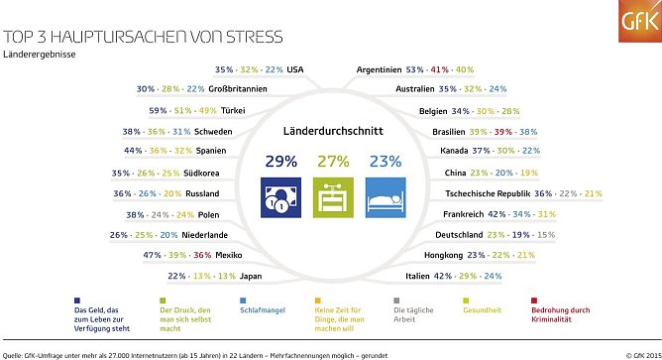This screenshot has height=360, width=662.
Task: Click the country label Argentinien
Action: coord(378,69)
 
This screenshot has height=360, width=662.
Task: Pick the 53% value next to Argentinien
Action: coord(414,69)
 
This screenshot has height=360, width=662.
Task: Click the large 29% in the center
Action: coord(280,160)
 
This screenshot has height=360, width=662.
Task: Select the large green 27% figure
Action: coord(331,160)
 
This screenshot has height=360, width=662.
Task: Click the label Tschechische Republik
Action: coord(479,193)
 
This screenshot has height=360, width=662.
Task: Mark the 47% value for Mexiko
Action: coord(152,255)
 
